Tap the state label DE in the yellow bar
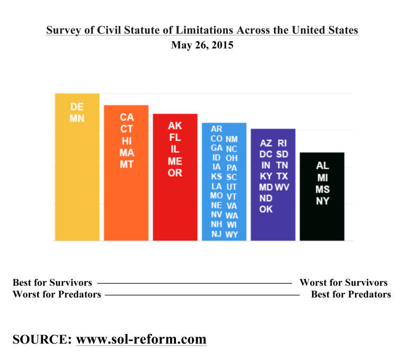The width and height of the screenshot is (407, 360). tap(77, 107)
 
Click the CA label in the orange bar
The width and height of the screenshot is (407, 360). tap(127, 117)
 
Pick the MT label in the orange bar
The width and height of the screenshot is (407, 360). tap(127, 164)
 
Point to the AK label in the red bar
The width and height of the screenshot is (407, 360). tap(175, 126)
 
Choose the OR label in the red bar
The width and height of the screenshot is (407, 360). tap(175, 173)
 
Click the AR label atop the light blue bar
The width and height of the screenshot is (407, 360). tap(216, 129)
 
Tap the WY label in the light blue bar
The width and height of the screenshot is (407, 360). tap(232, 235)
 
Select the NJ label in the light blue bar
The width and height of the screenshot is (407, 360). tap(216, 233)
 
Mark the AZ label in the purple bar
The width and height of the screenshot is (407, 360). tap(266, 143)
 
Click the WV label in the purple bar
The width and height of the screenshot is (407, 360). tap(282, 187)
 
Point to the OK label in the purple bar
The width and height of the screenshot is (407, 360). tap(266, 209)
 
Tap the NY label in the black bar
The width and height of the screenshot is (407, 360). tap(322, 201)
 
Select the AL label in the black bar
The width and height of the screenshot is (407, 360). tap(322, 166)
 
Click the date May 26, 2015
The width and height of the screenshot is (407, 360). tap(202, 46)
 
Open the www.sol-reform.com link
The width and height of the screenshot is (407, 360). tap(141, 339)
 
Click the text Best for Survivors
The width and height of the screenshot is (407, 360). tap(52, 283)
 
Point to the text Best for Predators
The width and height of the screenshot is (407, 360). tap(351, 294)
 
